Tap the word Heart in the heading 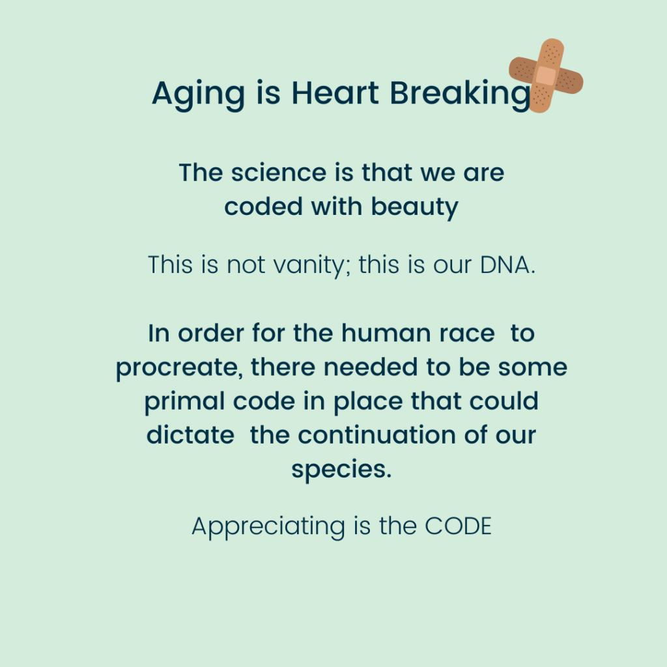tap(335, 92)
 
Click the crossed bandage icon tap(546, 76)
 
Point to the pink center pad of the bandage tap(546, 76)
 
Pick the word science tap(279, 173)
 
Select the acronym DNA tap(507, 265)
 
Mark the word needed tap(371, 367)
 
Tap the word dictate tap(190, 435)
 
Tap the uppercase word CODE tap(458, 526)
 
